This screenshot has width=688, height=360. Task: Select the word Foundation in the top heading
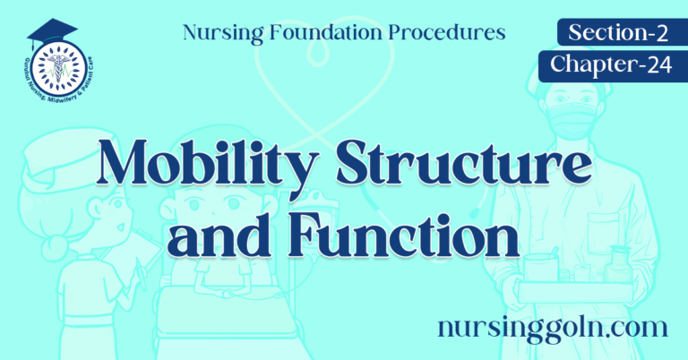click(336, 34)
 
